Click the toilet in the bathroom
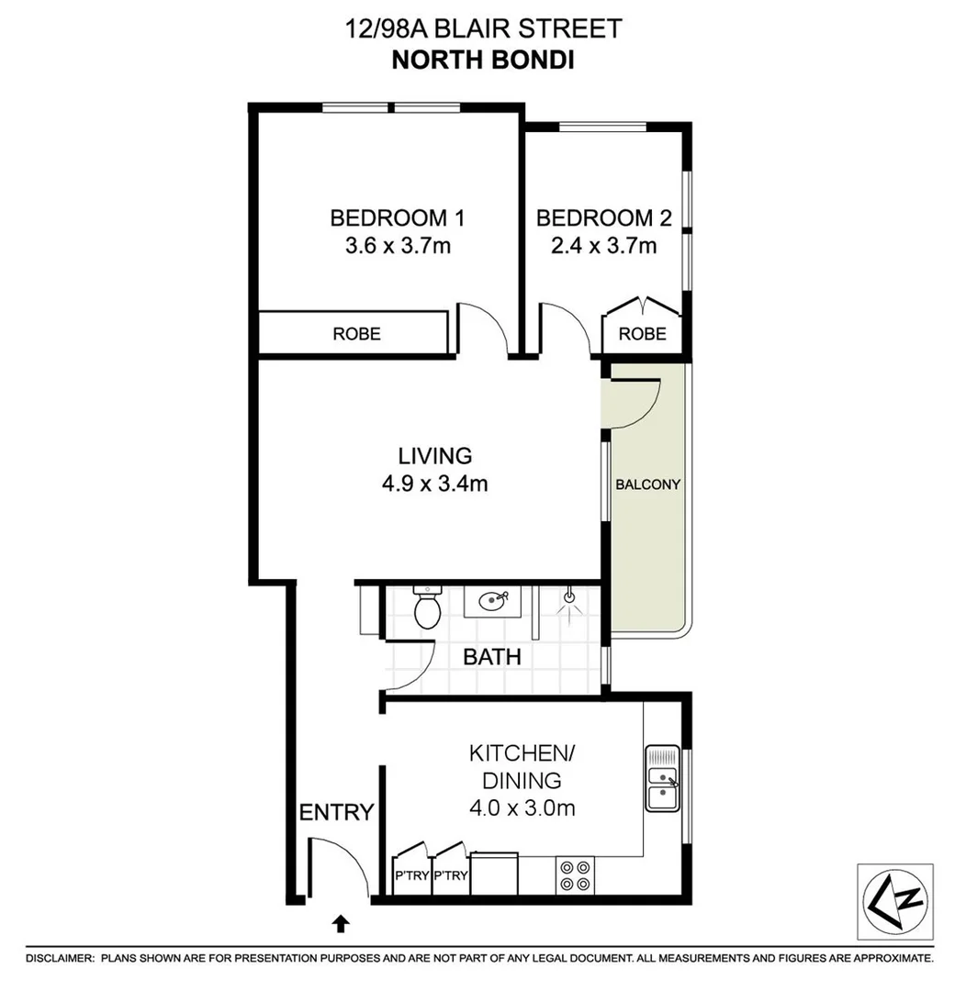[x=427, y=608]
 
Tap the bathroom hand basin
[x=492, y=602]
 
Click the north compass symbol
[x=894, y=901]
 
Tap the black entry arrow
[x=341, y=922]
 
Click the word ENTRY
[x=337, y=812]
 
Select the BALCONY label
[x=648, y=484]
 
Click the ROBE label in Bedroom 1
[x=356, y=334]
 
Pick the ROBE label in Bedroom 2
[x=642, y=334]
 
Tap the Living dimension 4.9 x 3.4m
[x=435, y=484]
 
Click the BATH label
[x=491, y=657]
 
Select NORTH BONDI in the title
[x=482, y=60]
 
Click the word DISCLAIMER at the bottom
[x=59, y=958]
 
